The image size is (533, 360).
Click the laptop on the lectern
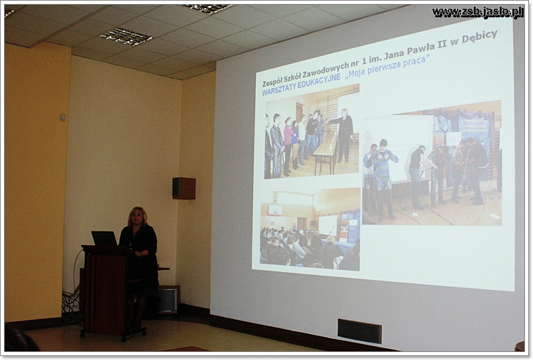(x=104, y=238)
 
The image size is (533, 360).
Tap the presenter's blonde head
(x=138, y=217)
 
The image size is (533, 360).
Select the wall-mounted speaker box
(x=184, y=188)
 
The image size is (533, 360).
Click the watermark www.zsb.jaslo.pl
(x=478, y=12)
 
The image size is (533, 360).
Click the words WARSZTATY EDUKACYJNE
(x=301, y=84)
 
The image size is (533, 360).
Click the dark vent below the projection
(x=360, y=331)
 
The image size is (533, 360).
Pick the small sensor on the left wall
(x=63, y=117)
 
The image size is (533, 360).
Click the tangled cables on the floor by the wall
(x=71, y=306)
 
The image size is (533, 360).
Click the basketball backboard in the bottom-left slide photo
(x=275, y=209)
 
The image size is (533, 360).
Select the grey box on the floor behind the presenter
(x=168, y=299)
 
